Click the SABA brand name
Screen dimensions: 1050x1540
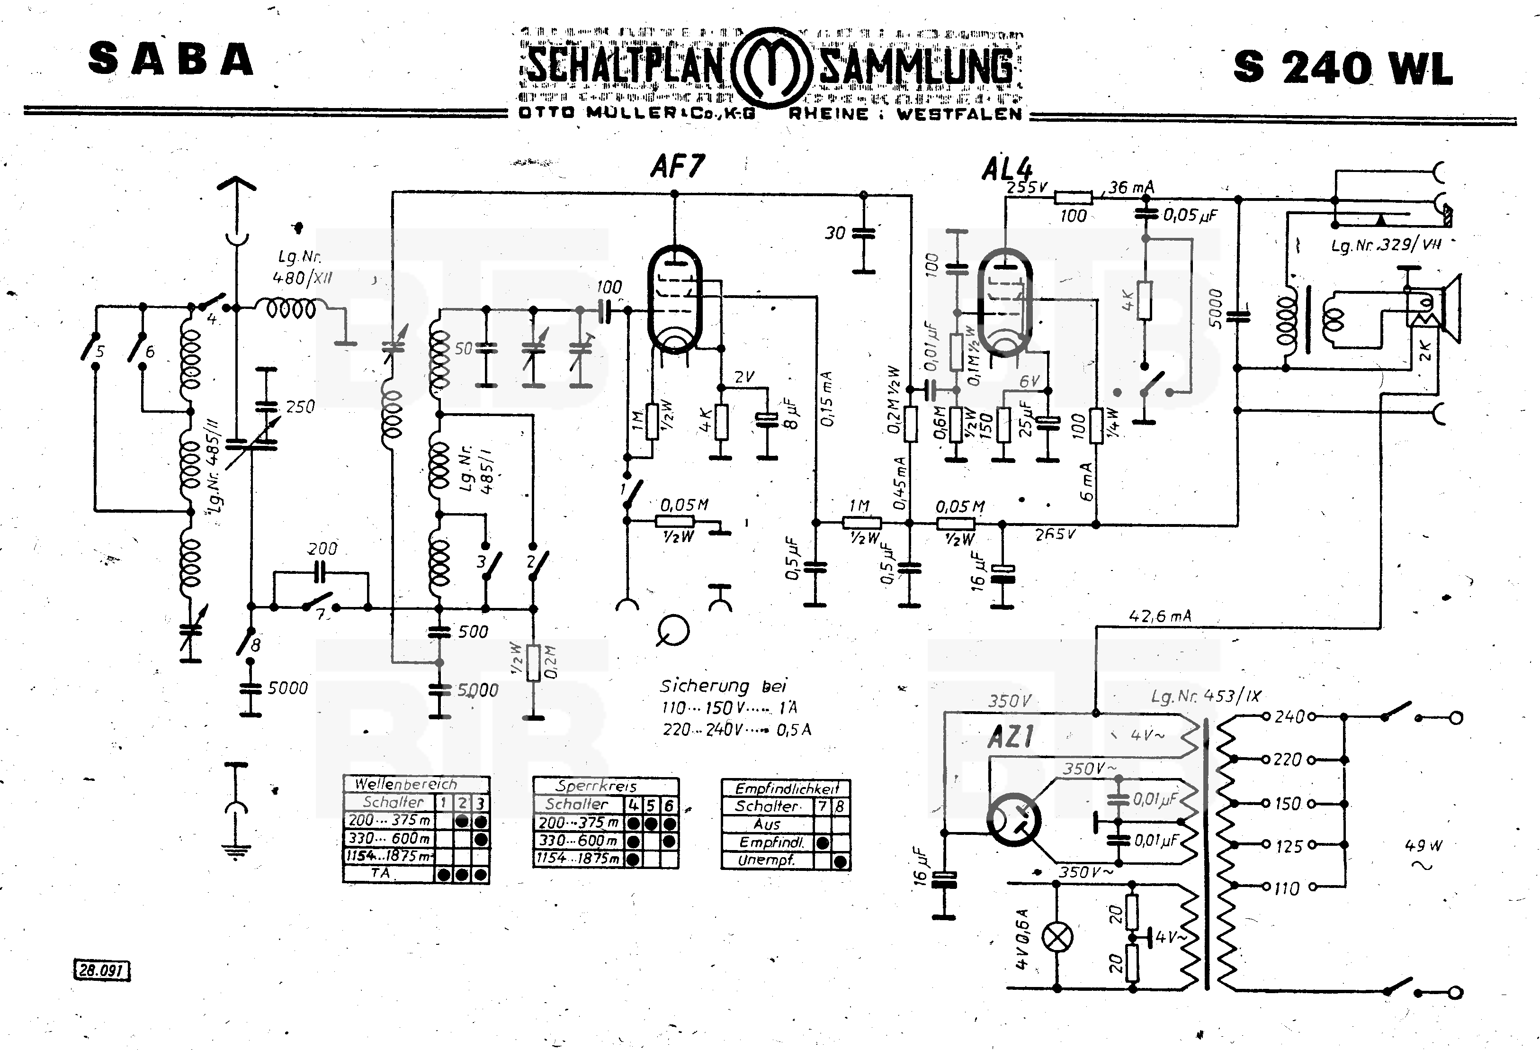point(171,59)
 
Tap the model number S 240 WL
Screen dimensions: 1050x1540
point(1343,68)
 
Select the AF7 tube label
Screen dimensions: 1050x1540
point(677,166)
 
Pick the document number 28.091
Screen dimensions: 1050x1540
point(101,970)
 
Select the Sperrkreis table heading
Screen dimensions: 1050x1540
point(596,786)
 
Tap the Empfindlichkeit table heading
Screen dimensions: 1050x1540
point(787,788)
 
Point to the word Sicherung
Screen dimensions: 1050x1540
point(704,686)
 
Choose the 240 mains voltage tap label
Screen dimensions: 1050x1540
point(1289,716)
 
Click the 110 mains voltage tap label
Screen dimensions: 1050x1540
point(1287,888)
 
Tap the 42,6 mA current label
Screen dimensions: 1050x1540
point(1160,616)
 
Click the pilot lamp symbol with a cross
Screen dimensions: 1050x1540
point(1057,937)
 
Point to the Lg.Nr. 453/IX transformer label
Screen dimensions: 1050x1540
point(1206,697)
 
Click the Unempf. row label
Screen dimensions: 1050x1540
point(766,860)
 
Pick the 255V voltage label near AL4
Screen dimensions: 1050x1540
point(1027,188)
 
